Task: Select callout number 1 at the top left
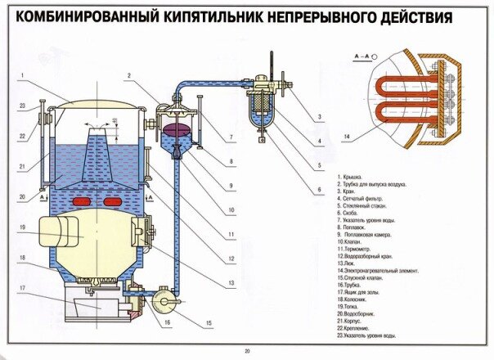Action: coord(25,76)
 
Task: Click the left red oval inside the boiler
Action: coord(81,201)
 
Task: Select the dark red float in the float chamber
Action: coord(177,129)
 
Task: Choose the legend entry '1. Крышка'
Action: coord(353,176)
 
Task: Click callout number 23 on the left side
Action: coord(25,104)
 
